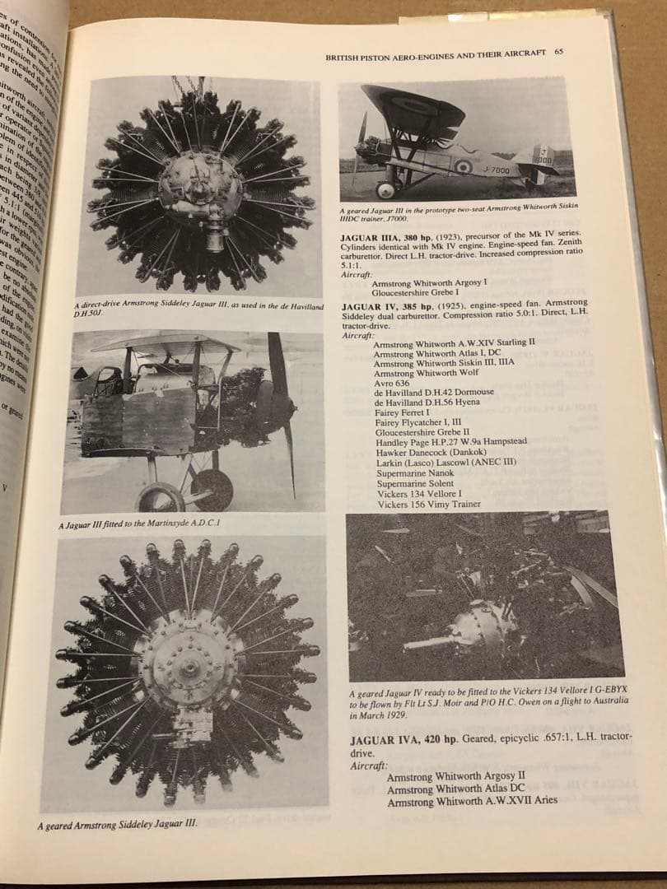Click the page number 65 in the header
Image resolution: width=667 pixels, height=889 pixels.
[559, 52]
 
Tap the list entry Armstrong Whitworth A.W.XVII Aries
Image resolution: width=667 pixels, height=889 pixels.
[471, 800]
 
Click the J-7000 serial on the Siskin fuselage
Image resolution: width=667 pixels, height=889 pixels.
[497, 170]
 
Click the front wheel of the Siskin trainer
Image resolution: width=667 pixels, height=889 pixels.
[385, 189]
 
